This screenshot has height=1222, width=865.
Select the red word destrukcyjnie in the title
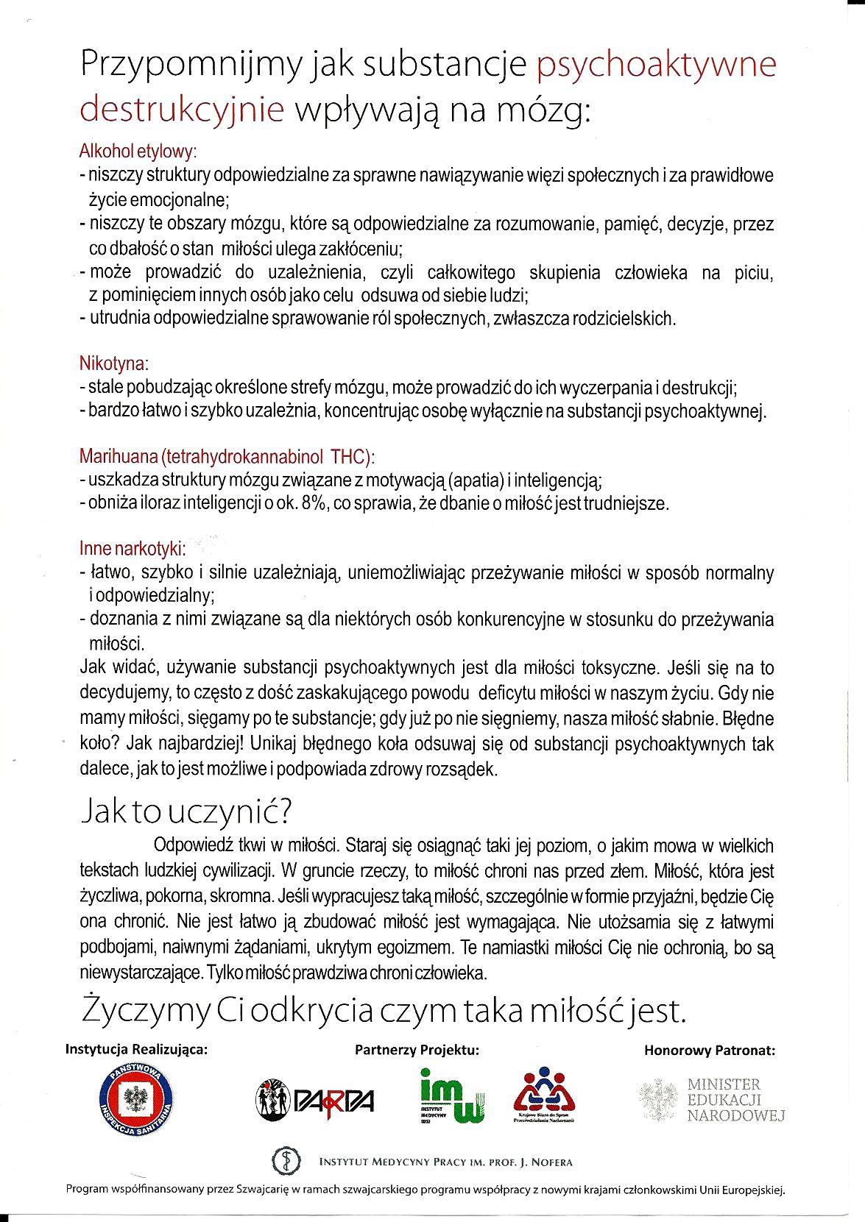point(182,110)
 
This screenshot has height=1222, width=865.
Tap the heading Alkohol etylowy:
point(138,152)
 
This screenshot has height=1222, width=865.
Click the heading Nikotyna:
point(114,363)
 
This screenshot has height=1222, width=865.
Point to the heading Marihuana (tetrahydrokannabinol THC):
point(227,456)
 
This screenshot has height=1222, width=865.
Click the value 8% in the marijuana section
point(314,504)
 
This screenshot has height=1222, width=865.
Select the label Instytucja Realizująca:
point(137,1050)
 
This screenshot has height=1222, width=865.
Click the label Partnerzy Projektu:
point(417,1050)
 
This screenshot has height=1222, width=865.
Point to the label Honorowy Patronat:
point(709,1051)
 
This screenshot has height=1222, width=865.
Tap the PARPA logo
point(315,1101)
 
